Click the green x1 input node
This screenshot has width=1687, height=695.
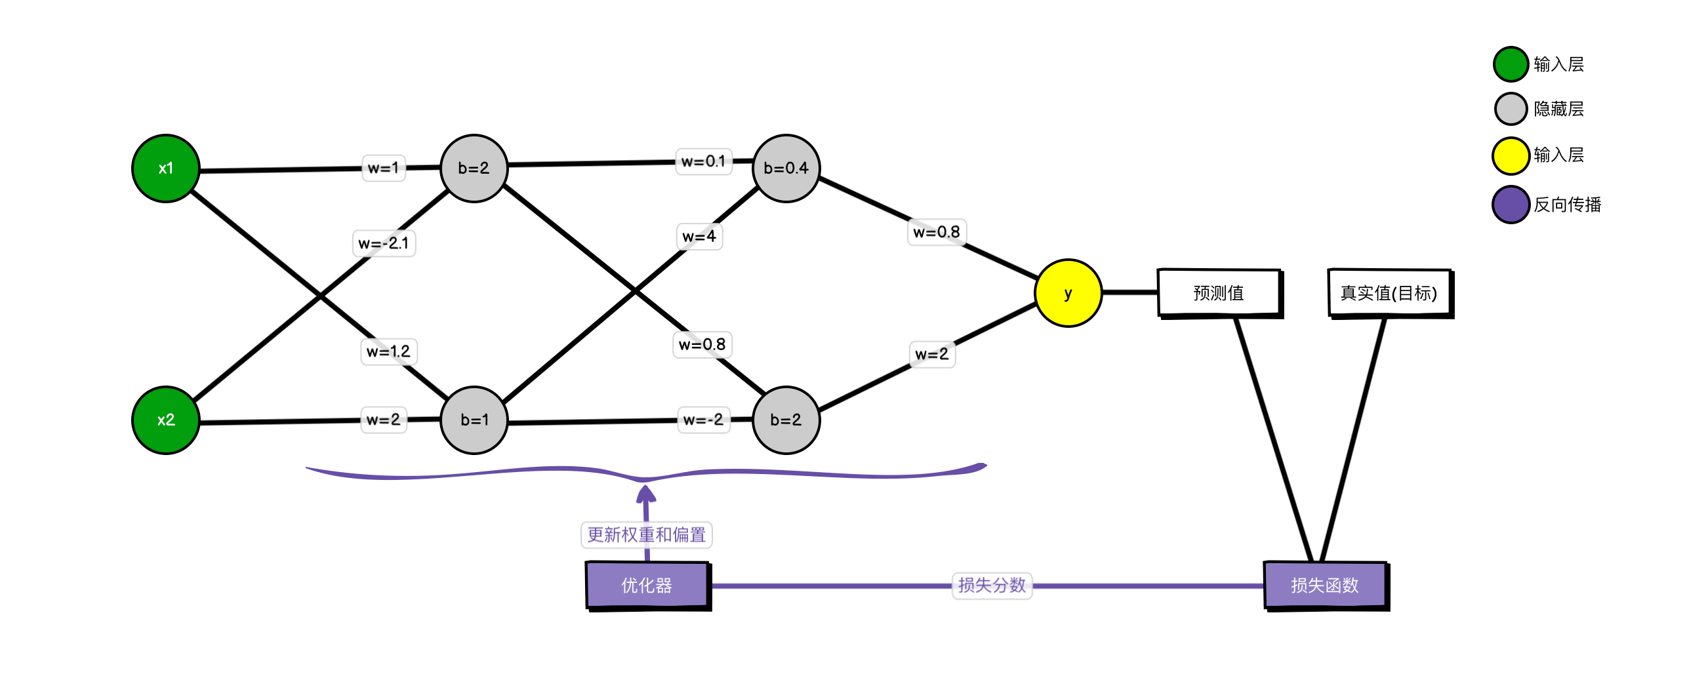(x=165, y=169)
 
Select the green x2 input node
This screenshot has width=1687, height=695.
(x=165, y=420)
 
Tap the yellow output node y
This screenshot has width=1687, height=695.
(x=1068, y=293)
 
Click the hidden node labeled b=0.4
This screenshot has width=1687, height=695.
(x=786, y=169)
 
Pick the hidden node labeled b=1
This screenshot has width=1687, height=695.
(x=474, y=420)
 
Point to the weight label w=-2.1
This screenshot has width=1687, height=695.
(x=384, y=243)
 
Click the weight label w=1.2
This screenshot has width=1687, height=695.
(x=388, y=351)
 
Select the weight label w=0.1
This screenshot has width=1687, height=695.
(x=703, y=161)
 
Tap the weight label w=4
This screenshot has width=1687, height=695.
(x=699, y=236)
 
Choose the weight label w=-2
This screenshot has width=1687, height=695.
(x=703, y=420)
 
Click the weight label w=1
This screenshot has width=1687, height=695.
(x=384, y=168)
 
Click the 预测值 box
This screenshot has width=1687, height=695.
(x=1219, y=292)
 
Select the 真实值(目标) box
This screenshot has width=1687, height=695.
(x=1389, y=292)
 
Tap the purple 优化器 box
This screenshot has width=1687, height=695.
(x=647, y=585)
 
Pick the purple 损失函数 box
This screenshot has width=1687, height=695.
(x=1325, y=585)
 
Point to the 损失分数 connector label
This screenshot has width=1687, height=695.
(x=992, y=585)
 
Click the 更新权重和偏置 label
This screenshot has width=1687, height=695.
(x=647, y=535)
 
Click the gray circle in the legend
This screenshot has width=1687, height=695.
(x=1511, y=109)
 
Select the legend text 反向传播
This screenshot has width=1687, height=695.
(x=1567, y=205)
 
